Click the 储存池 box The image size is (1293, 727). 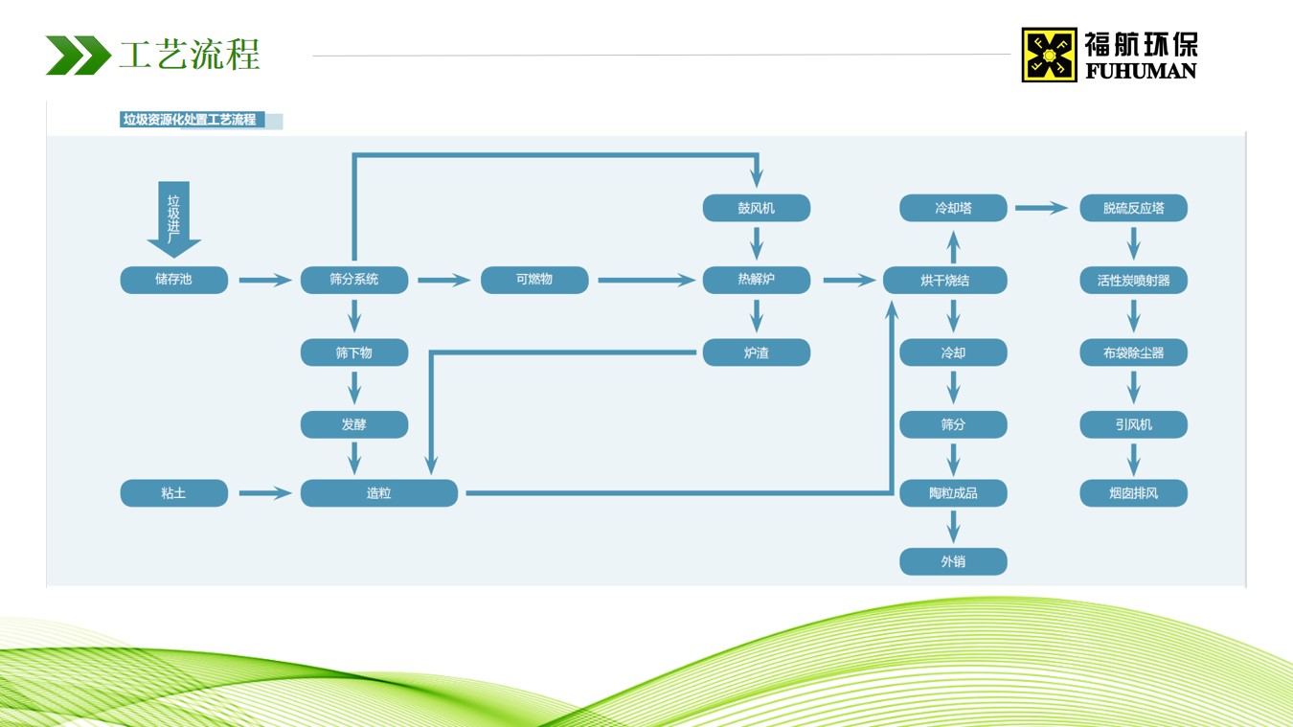pyautogui.click(x=173, y=280)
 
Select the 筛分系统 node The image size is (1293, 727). pyautogui.click(x=354, y=280)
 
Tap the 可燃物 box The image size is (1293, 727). pyautogui.click(x=534, y=280)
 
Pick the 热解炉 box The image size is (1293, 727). pyautogui.click(x=757, y=280)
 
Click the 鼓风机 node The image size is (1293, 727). pyautogui.click(x=757, y=208)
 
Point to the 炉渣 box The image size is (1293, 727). pyautogui.click(x=757, y=352)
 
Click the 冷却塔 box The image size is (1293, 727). pyautogui.click(x=953, y=208)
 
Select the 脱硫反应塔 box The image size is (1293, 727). pyautogui.click(x=1133, y=208)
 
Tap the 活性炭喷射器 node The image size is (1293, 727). pyautogui.click(x=1133, y=280)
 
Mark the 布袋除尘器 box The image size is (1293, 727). pyautogui.click(x=1133, y=352)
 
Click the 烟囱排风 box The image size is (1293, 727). pyautogui.click(x=1133, y=493)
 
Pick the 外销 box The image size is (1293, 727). pyautogui.click(x=953, y=561)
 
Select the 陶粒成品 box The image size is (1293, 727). pyautogui.click(x=953, y=493)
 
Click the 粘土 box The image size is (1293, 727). pyautogui.click(x=173, y=493)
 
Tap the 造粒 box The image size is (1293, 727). pyautogui.click(x=378, y=493)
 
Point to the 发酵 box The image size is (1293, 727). pyautogui.click(x=354, y=424)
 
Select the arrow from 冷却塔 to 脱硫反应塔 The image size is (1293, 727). pyautogui.click(x=1041, y=208)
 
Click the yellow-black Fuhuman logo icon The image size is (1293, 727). pyautogui.click(x=1050, y=55)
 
